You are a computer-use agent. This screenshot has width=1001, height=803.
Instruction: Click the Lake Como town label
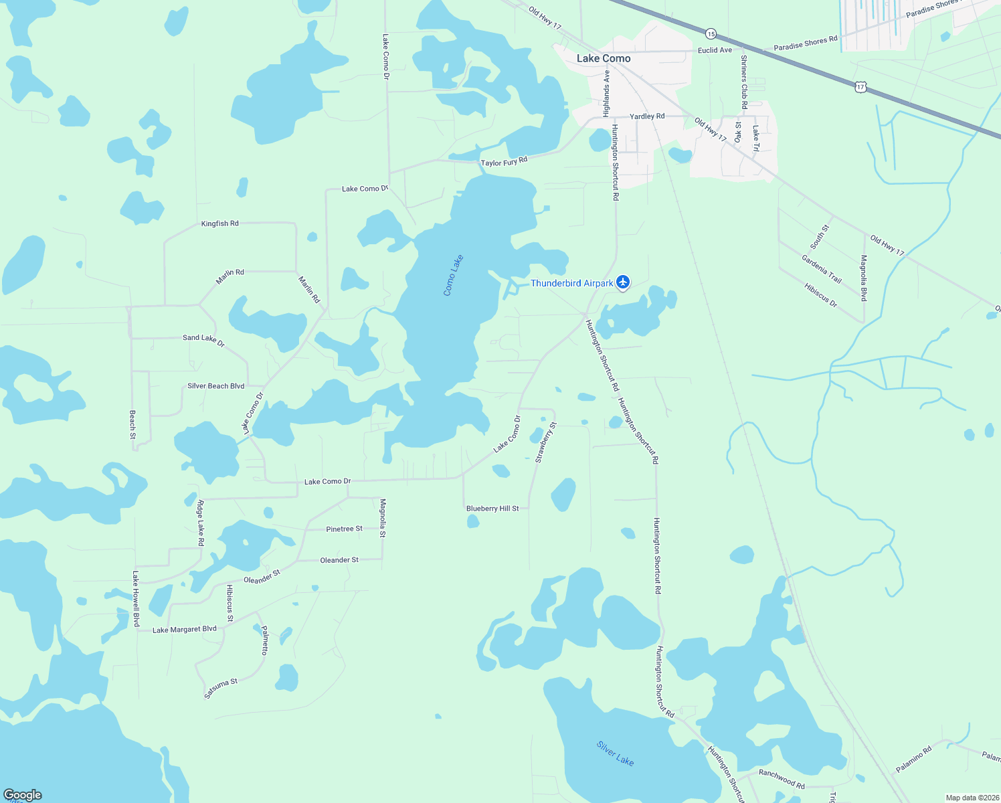(x=604, y=58)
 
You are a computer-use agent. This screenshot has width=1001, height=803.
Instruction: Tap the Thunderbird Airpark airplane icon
(x=623, y=282)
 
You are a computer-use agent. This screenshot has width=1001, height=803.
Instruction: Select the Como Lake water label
(x=453, y=275)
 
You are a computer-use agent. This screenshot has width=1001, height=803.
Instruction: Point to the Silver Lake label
(x=615, y=753)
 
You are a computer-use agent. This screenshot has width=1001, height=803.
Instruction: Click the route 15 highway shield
(x=711, y=33)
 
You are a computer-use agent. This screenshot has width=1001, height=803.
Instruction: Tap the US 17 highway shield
(x=860, y=86)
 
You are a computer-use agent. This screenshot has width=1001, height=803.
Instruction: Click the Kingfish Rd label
(x=219, y=224)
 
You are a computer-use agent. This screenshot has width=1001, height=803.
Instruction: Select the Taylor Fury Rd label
(x=504, y=162)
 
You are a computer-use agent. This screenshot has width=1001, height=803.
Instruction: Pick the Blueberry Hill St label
(x=492, y=509)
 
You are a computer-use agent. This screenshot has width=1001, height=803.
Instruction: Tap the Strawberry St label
(x=546, y=442)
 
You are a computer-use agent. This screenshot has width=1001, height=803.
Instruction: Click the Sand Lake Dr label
(x=203, y=340)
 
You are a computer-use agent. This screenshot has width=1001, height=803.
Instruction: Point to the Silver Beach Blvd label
(x=215, y=386)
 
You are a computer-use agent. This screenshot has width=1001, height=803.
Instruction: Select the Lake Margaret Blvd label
(x=185, y=630)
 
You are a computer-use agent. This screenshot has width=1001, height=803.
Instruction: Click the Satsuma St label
(x=221, y=689)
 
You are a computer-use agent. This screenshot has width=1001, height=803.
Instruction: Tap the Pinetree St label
(x=344, y=529)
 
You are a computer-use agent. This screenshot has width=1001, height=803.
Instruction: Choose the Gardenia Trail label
(x=821, y=269)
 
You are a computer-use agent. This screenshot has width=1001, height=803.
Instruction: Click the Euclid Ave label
(x=715, y=50)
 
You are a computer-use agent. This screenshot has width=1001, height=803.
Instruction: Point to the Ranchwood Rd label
(x=782, y=779)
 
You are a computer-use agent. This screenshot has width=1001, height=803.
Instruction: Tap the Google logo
(x=22, y=794)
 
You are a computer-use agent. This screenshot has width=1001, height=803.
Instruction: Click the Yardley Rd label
(x=647, y=116)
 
